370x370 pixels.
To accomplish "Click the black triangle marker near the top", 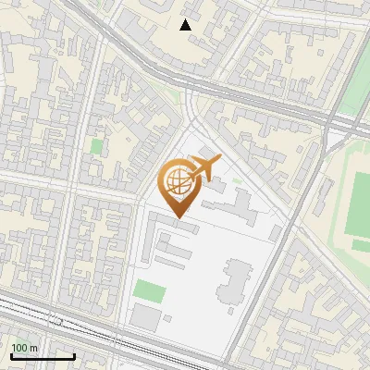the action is pyautogui.click(x=186, y=25).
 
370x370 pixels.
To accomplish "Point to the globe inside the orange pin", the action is pyautogui.click(x=176, y=181).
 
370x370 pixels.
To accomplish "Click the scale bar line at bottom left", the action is pyautogui.click(x=42, y=357).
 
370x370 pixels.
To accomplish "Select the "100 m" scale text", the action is pyautogui.click(x=25, y=348).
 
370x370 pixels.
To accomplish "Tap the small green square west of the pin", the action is pyautogui.click(x=97, y=146).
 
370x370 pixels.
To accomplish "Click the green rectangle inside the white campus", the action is pyautogui.click(x=149, y=290).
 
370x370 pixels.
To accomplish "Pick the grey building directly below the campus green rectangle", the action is pyautogui.click(x=146, y=318).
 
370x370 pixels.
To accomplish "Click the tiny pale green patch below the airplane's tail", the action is pyautogui.click(x=238, y=180).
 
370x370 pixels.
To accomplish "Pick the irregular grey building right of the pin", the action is pyautogui.click(x=242, y=205).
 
